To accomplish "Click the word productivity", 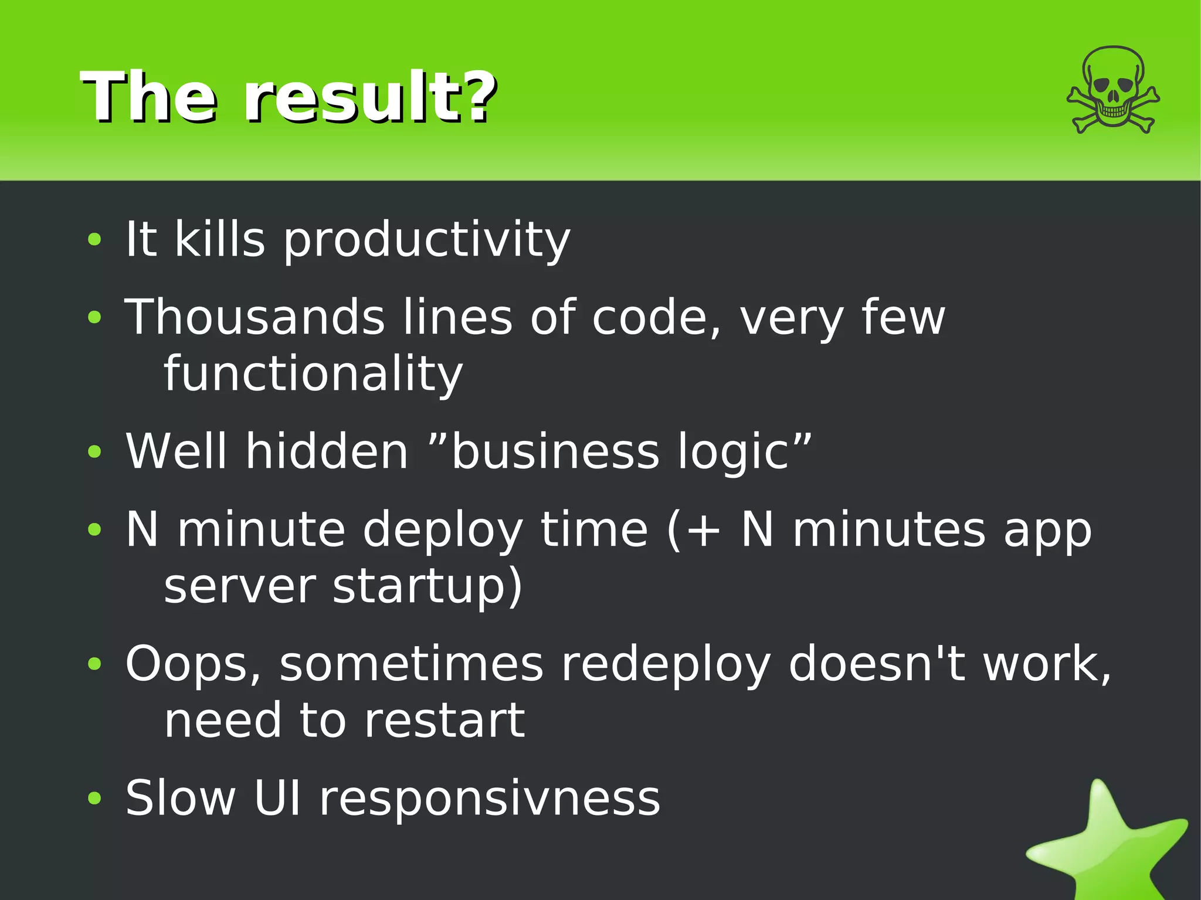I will coord(426,240).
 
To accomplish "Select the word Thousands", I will coord(255,317).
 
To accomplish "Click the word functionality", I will coord(313,374).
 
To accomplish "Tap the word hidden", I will coord(326,451).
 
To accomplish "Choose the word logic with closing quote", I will coord(745,453).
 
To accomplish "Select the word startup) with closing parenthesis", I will coord(427,586).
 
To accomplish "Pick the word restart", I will coord(444,721).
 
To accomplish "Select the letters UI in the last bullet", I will coord(278,799).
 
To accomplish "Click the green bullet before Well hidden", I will coord(94,452).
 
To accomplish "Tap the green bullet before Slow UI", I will coord(94,799).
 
